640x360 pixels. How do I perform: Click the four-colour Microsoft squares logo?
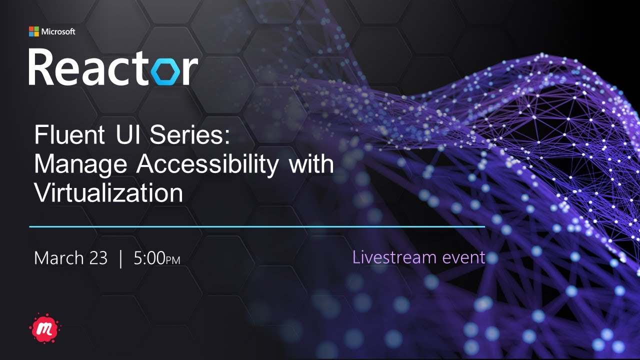pos(33,31)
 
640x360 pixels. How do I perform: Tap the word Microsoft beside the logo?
pos(58,31)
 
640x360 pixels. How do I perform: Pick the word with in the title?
pos(311,164)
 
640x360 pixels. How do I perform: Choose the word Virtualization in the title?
pos(108,193)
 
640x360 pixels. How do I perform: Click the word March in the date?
pos(58,258)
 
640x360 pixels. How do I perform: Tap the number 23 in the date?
pos(97,258)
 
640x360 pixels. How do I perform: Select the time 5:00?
pos(149,258)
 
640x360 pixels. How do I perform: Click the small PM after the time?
pos(173,260)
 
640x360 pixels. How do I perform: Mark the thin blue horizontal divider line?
pos(257,226)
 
